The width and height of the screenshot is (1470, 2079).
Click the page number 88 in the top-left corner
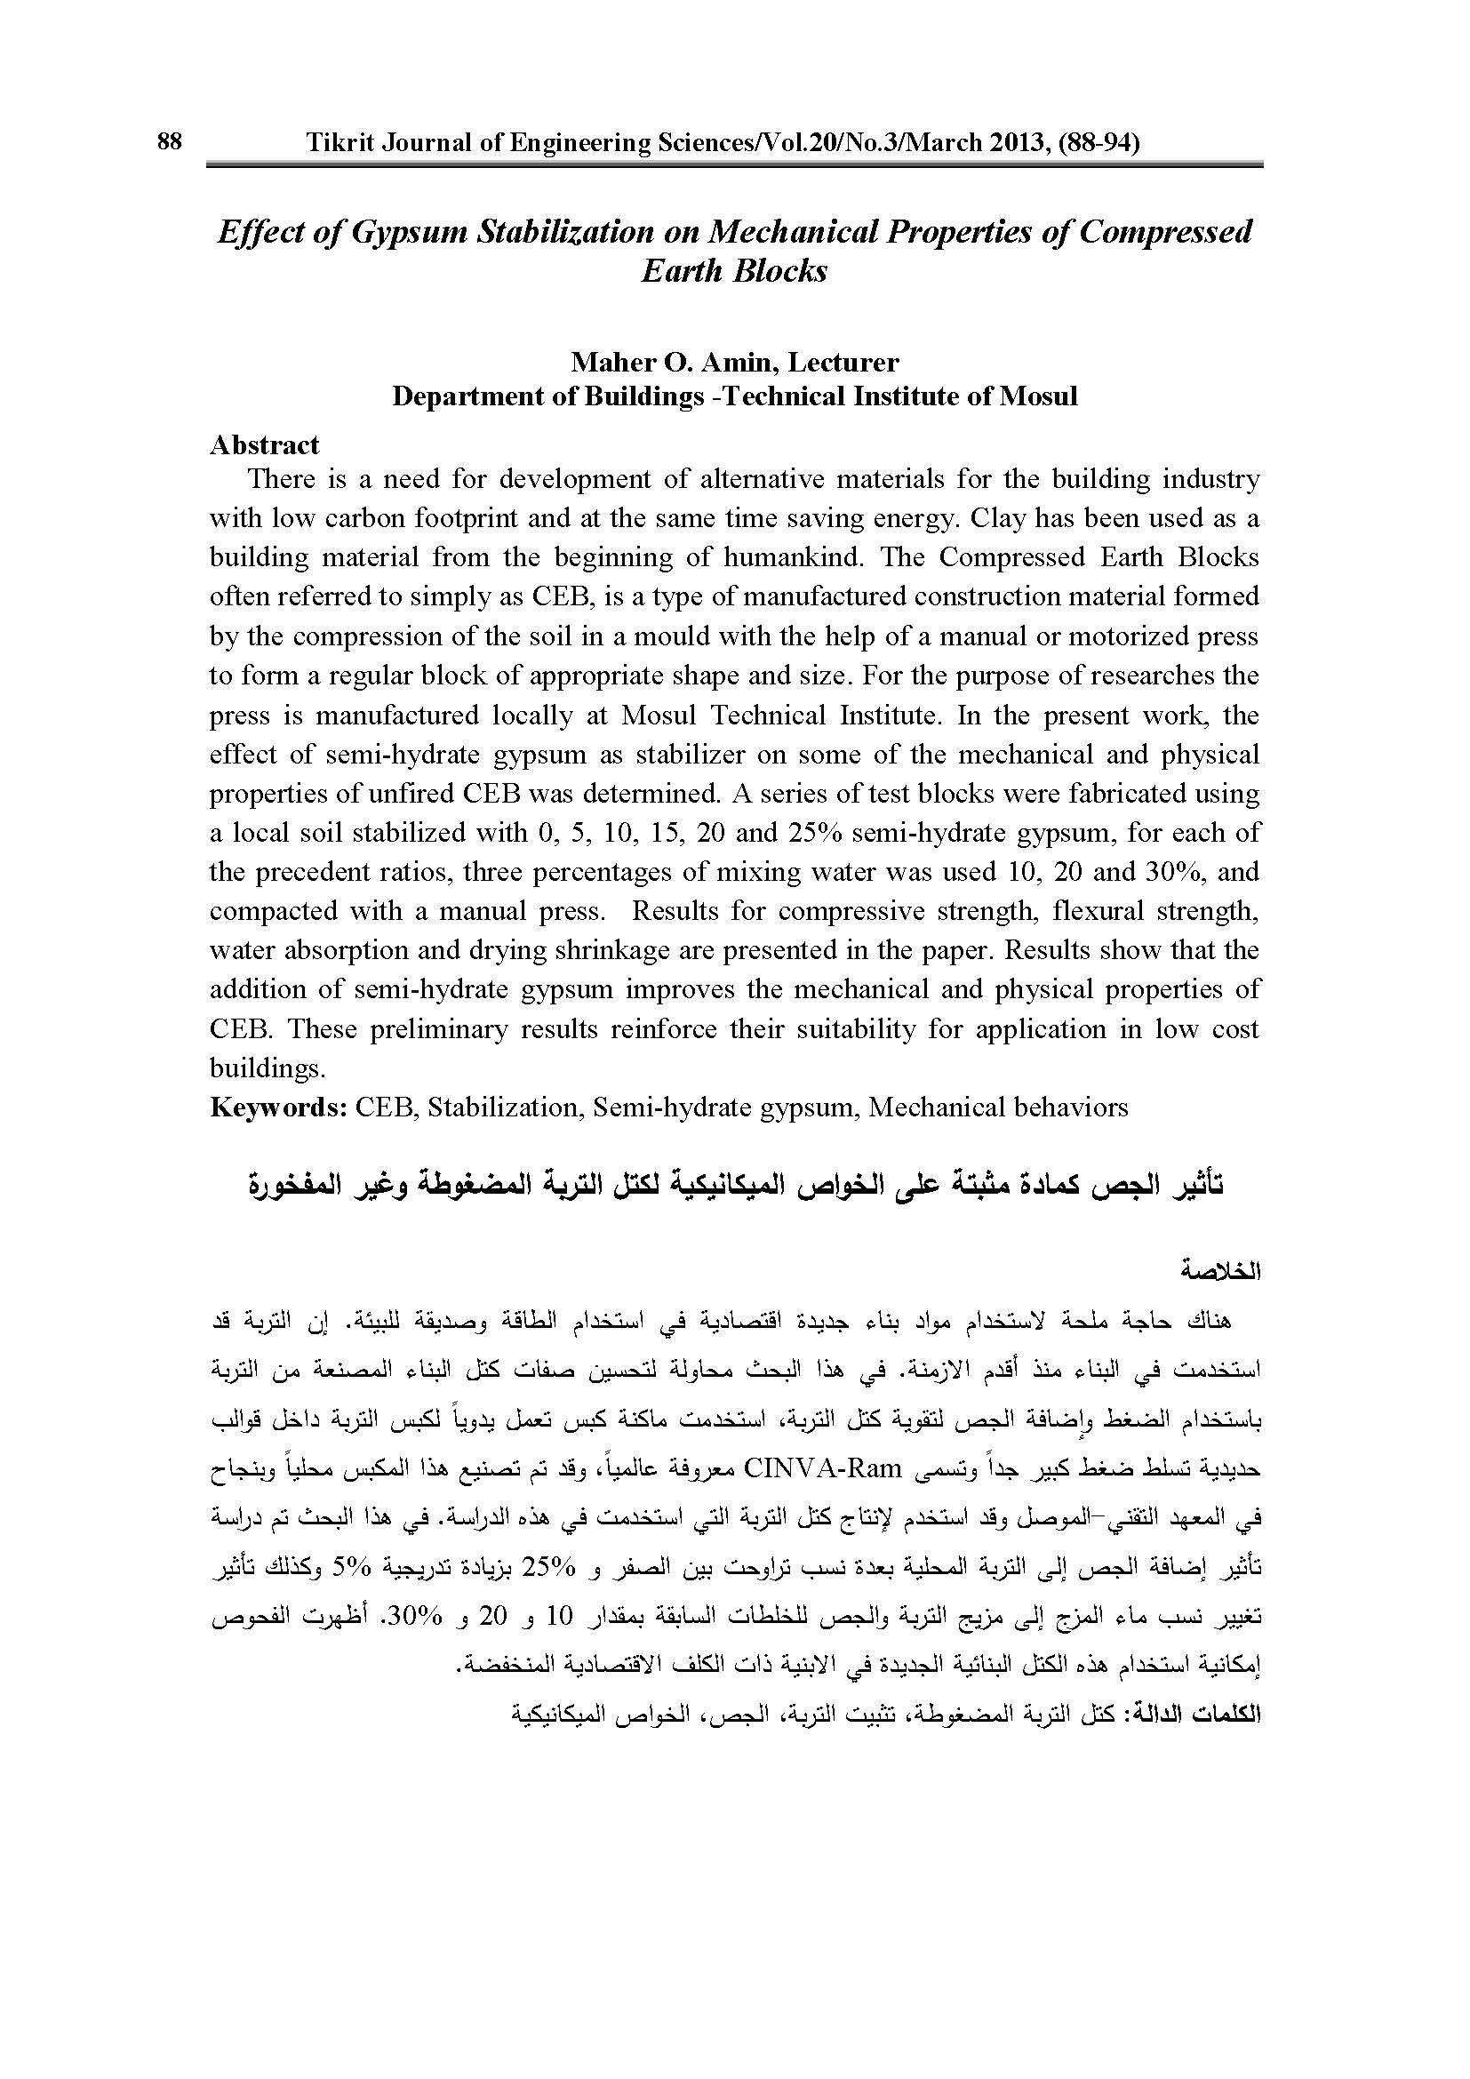coord(169,141)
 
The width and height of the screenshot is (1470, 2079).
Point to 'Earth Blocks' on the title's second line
coord(734,271)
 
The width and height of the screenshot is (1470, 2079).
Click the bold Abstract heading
coord(264,444)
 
